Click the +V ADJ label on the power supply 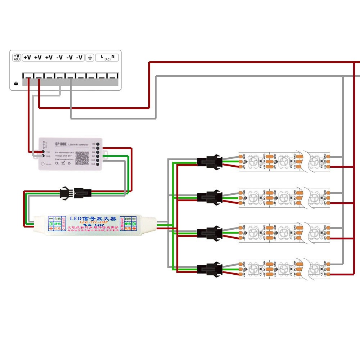[17, 58]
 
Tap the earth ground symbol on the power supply [90, 57]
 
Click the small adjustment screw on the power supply [15, 84]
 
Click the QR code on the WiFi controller [82, 158]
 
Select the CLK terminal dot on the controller [98, 152]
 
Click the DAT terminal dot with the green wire [98, 156]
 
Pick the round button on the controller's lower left [43, 163]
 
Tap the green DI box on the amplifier [51, 224]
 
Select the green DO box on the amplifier [134, 224]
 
